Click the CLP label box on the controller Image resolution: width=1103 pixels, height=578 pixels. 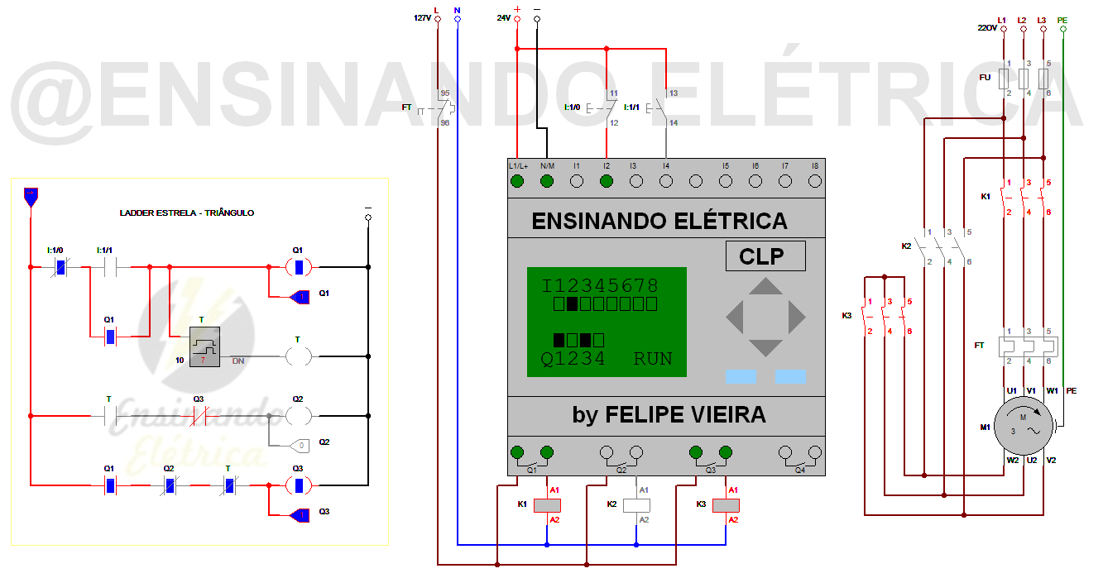click(765, 256)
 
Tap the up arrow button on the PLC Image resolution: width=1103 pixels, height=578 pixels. click(765, 288)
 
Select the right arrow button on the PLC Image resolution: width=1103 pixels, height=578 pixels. click(796, 317)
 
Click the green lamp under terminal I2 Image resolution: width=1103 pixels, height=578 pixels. click(606, 181)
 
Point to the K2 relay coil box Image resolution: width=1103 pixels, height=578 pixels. click(635, 504)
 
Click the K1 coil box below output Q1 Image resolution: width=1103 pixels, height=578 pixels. click(546, 504)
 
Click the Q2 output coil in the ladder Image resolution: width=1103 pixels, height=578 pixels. click(298, 415)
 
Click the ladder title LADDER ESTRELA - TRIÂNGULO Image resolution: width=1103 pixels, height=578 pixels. click(187, 213)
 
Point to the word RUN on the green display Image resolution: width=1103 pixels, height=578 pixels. click(653, 359)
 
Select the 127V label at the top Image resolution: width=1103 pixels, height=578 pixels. click(422, 18)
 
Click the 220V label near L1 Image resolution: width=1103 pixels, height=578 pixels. click(987, 28)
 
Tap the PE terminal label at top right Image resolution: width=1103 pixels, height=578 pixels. click(1062, 20)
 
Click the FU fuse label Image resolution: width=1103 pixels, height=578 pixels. click(985, 77)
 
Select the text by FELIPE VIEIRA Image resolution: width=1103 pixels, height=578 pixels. click(669, 414)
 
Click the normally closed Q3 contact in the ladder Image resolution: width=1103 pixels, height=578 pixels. click(199, 415)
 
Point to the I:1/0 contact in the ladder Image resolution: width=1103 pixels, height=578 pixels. click(60, 267)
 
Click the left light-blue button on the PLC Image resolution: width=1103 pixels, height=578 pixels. click(741, 377)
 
